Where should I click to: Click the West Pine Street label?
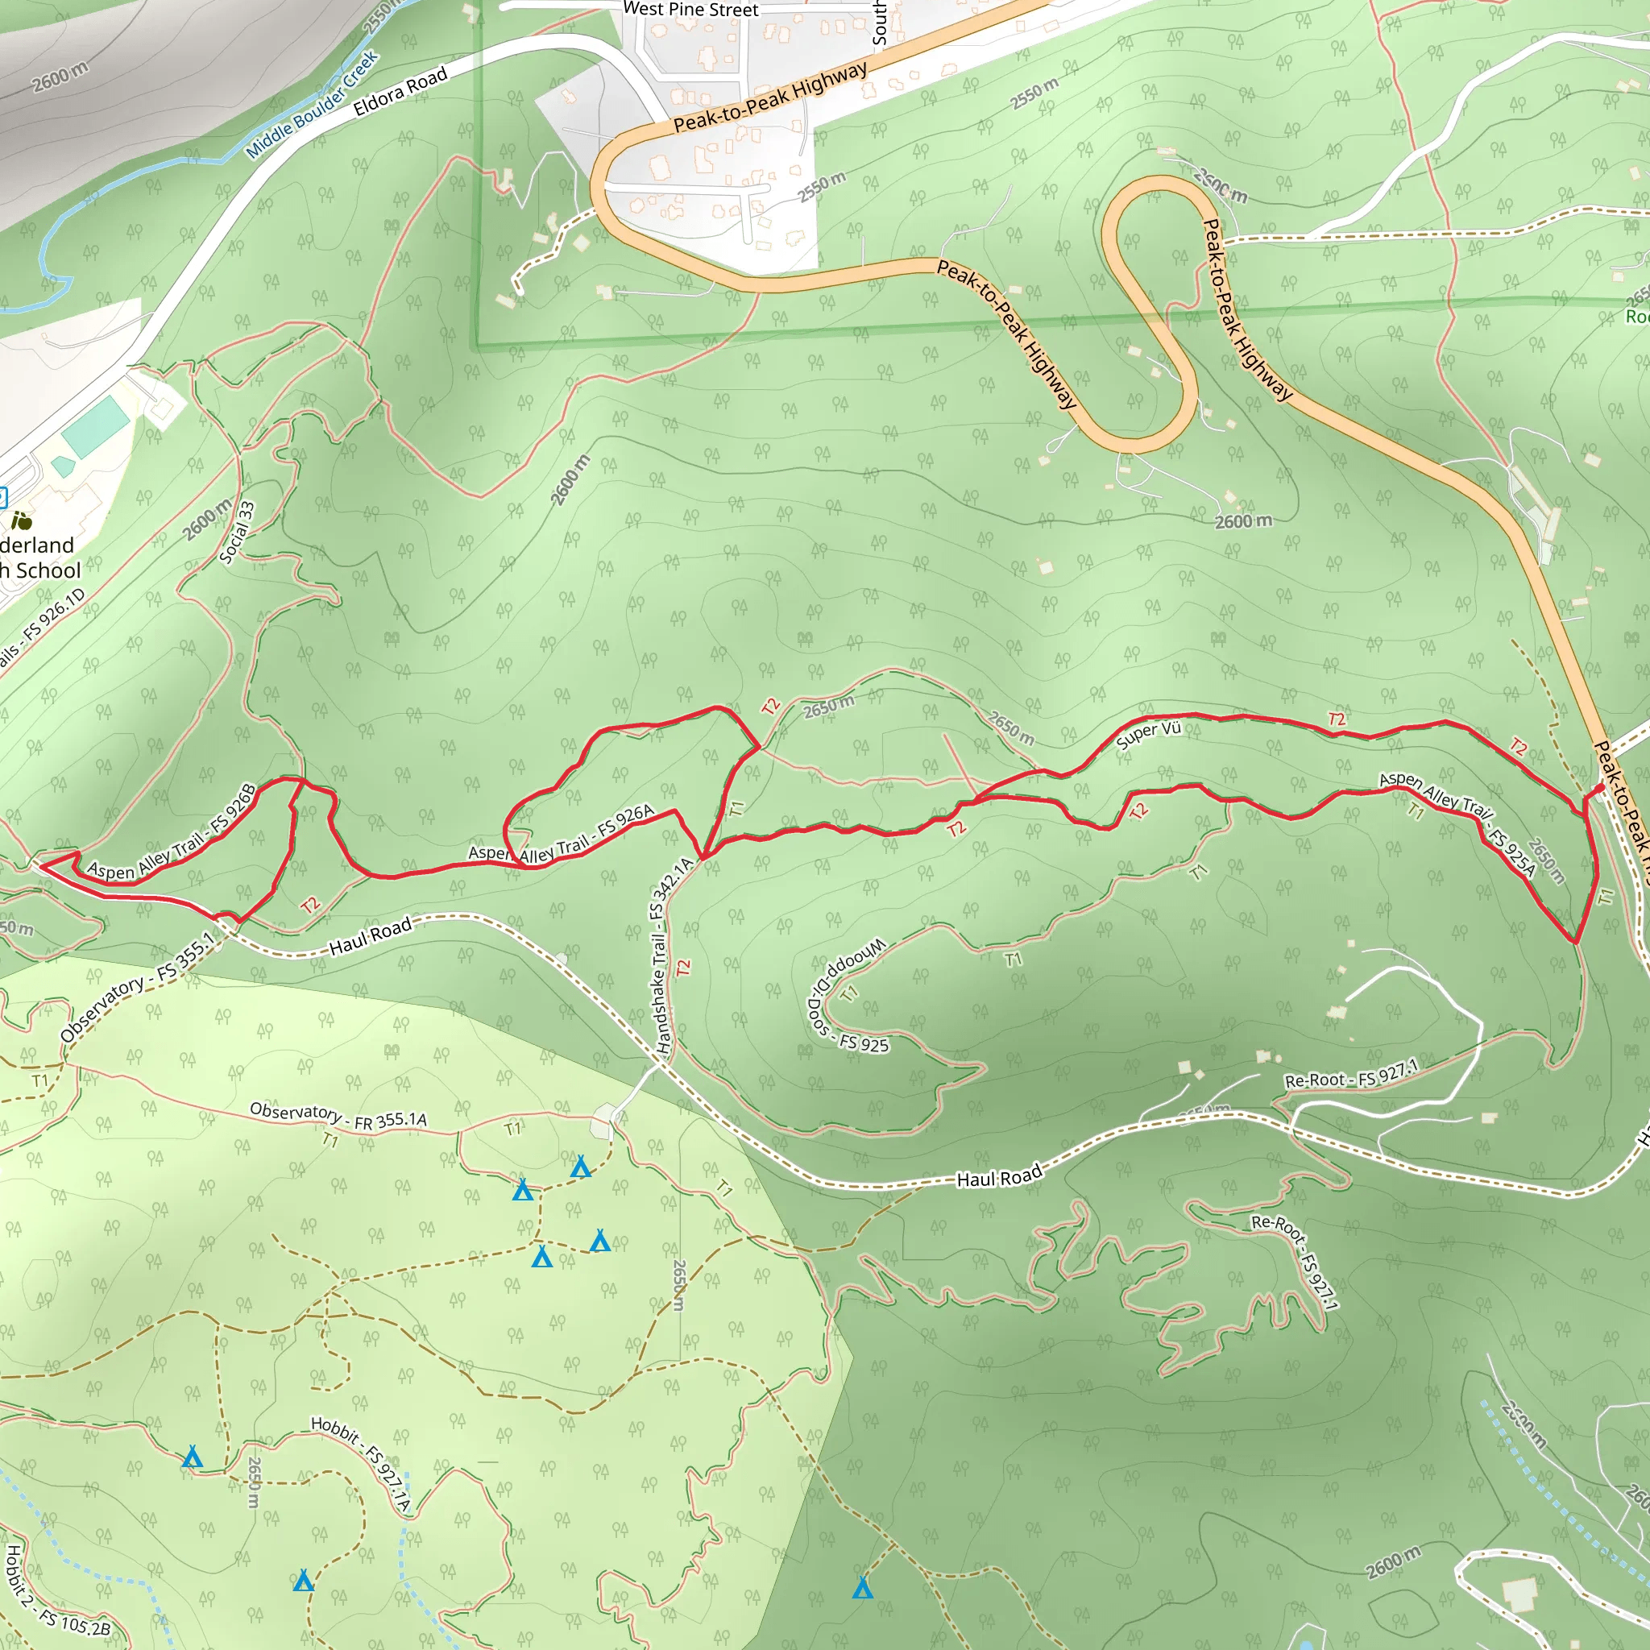tap(690, 10)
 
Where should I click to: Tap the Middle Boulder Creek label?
tap(313, 105)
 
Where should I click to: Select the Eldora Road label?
tap(400, 91)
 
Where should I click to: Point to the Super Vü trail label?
tap(1149, 735)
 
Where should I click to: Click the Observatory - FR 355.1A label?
tap(338, 1115)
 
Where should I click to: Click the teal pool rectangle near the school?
tap(96, 427)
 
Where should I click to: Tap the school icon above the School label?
tap(22, 520)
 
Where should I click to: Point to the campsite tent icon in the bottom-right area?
tap(863, 1588)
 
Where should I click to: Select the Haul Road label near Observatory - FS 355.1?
tap(370, 935)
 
